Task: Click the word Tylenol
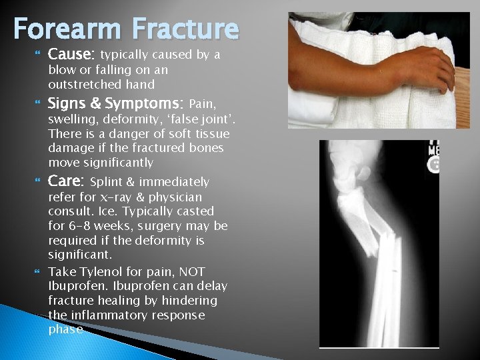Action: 105,271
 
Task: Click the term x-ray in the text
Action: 122,198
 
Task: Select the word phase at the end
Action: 65,330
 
